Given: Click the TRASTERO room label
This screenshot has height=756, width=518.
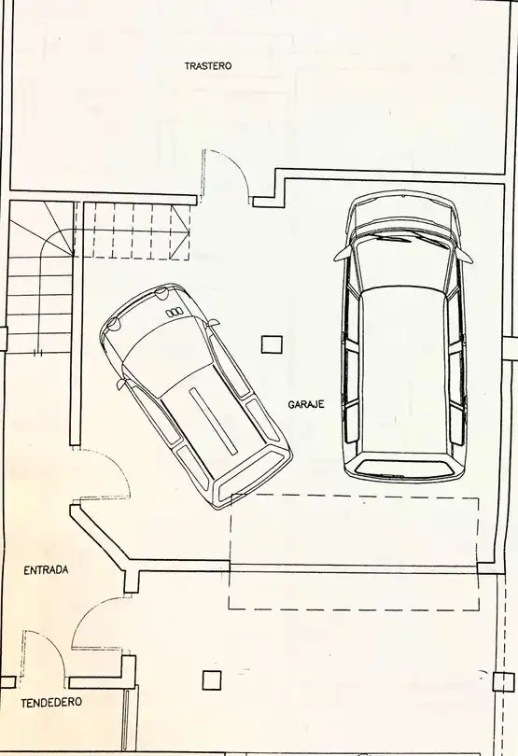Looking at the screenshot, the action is coord(208,66).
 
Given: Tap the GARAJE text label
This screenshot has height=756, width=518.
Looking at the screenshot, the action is coord(306,404).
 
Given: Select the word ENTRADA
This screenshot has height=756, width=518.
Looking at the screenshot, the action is coord(46,570).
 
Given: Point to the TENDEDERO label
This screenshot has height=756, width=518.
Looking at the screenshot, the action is coord(51,703).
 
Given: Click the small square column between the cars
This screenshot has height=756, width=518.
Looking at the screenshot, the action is coord(272,344).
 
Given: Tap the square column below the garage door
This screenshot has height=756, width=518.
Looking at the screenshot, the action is coord(212,680).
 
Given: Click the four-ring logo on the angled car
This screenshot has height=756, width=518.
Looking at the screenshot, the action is coord(175,313).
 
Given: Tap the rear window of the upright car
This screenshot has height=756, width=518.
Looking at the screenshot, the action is coord(403,467).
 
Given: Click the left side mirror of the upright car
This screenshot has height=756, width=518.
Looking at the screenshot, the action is coord(342,253).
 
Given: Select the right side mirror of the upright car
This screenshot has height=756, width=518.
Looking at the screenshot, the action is coord(464,255).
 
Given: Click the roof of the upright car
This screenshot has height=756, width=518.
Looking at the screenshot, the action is coord(403,371).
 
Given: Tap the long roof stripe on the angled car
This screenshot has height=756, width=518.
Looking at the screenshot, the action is coord(214,421).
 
